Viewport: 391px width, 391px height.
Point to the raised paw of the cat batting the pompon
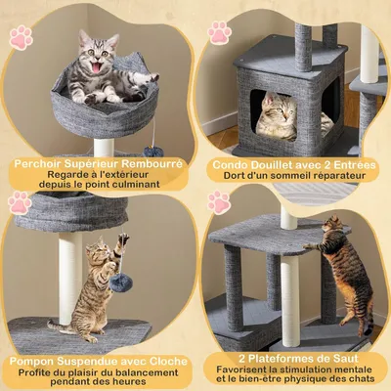123,239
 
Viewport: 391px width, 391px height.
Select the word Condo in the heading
231,163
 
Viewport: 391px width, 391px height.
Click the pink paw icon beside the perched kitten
21,39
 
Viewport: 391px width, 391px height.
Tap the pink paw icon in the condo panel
217,33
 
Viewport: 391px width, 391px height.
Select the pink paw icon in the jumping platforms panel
217,203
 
